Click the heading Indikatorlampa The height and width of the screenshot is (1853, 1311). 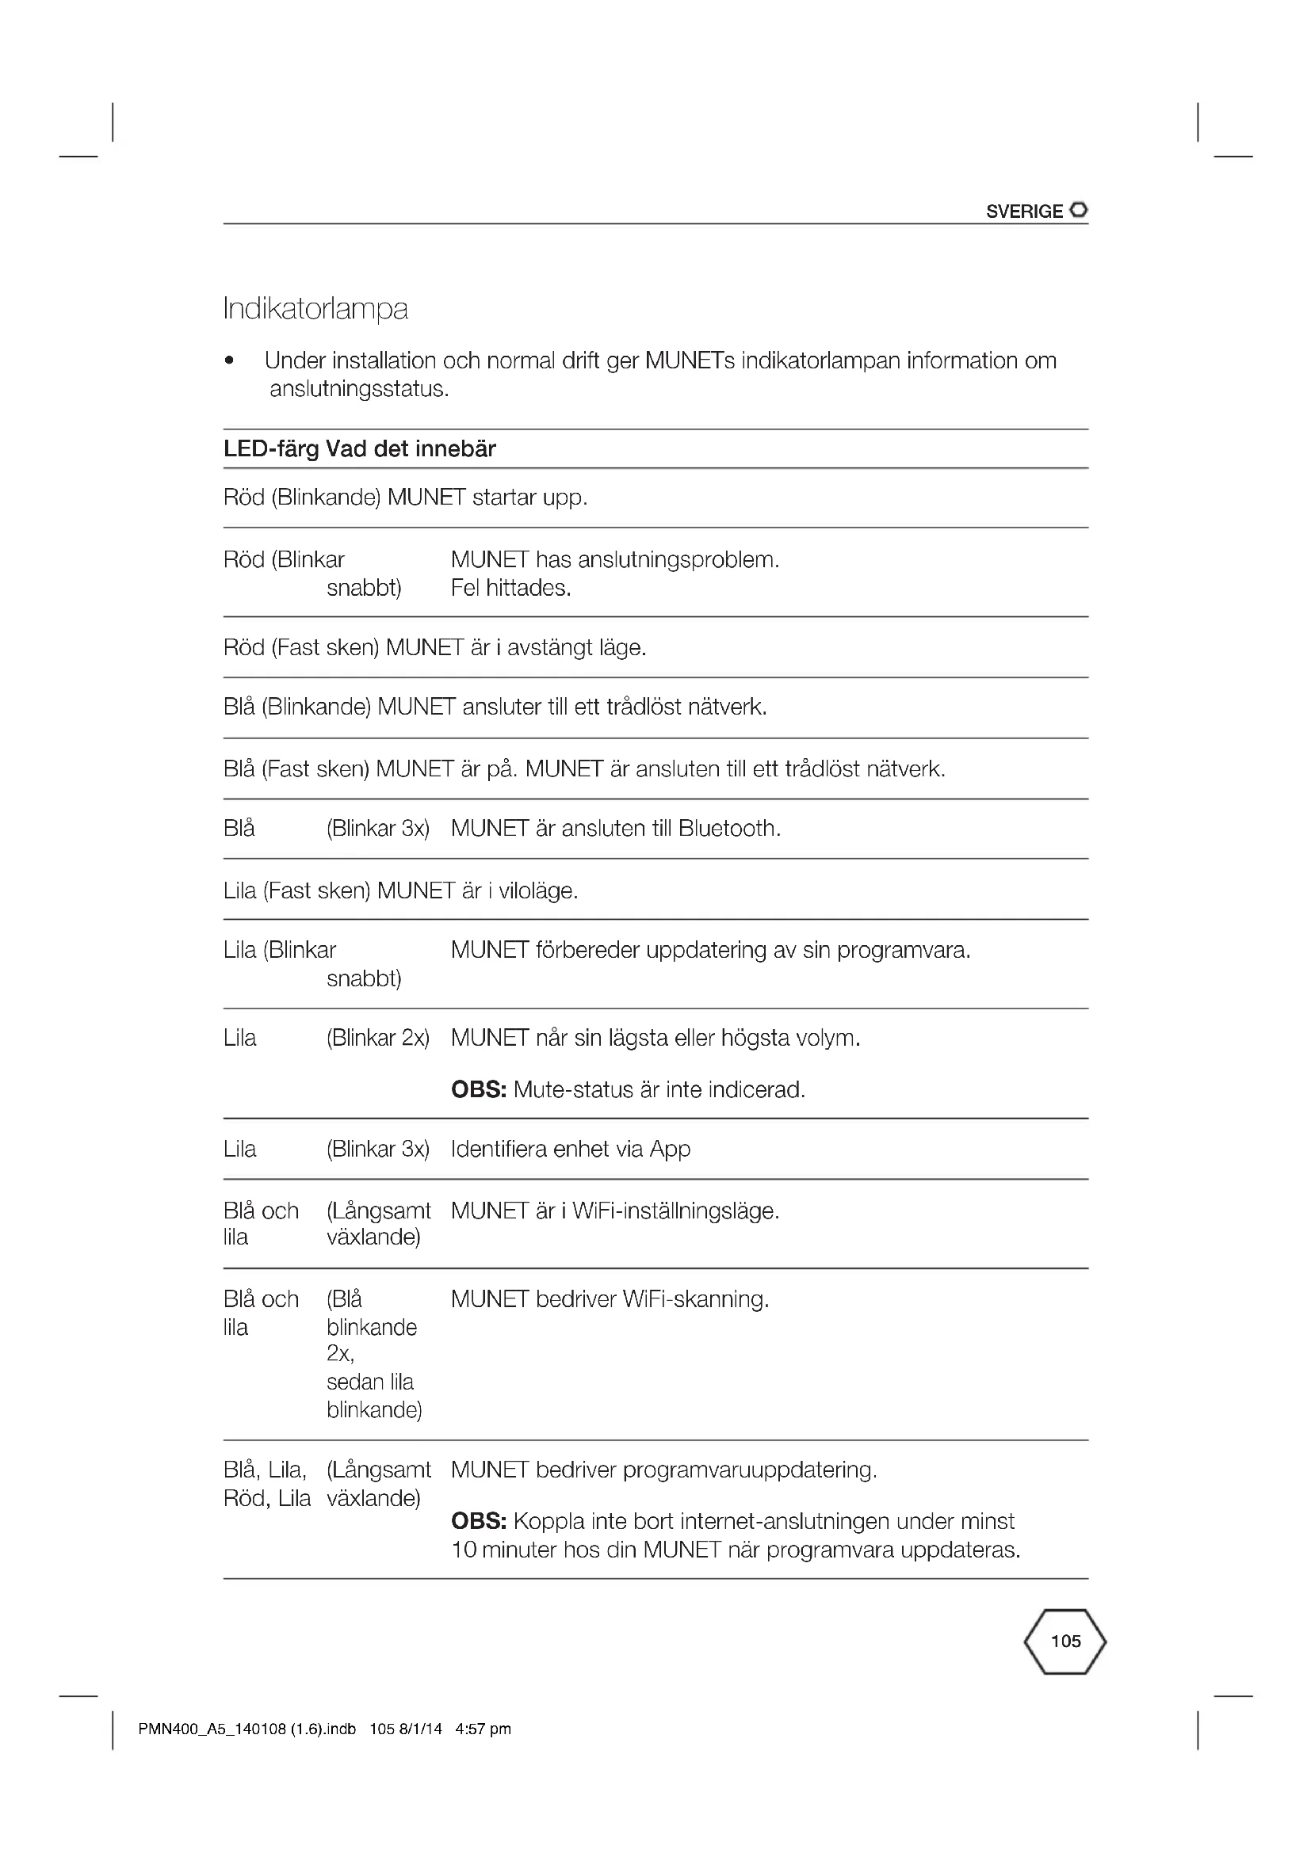pos(315,309)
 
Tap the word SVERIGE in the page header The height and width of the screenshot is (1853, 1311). pos(1023,212)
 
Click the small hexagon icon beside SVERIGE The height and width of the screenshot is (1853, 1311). pos(1079,211)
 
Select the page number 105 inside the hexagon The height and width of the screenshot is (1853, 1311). pos(1064,1641)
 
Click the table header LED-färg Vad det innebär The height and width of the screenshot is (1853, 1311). pos(359,448)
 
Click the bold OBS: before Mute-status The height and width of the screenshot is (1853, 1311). pos(479,1090)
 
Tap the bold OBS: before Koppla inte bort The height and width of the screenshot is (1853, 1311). pos(479,1521)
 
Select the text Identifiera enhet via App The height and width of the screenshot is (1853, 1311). pos(570,1150)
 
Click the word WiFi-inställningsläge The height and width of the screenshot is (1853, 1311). pos(675,1211)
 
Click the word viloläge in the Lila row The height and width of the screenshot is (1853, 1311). pos(537,891)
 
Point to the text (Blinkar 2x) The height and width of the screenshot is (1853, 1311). pos(378,1038)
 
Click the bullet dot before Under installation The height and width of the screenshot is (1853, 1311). pos(230,361)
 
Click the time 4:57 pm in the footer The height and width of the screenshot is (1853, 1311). pos(483,1729)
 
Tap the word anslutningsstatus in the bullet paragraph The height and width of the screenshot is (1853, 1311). pos(358,389)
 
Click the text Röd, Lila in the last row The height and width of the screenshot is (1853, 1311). pos(267,1499)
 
